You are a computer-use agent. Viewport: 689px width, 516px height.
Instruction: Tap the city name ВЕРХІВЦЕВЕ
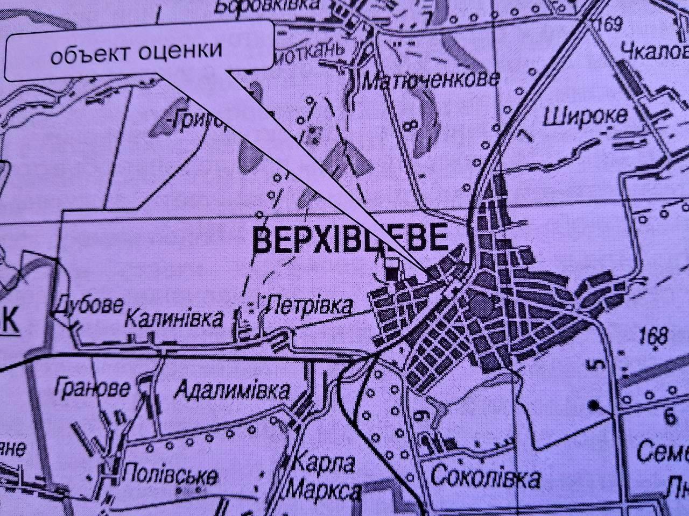[x=350, y=240]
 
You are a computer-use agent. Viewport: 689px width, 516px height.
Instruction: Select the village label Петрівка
[x=311, y=306]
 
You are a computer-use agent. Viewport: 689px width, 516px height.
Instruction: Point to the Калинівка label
[x=173, y=318]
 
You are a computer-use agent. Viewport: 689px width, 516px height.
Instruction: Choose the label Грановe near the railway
[x=92, y=388]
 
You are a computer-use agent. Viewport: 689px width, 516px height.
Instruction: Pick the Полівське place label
[x=171, y=476]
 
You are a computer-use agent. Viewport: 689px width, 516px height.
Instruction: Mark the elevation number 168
[x=654, y=336]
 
